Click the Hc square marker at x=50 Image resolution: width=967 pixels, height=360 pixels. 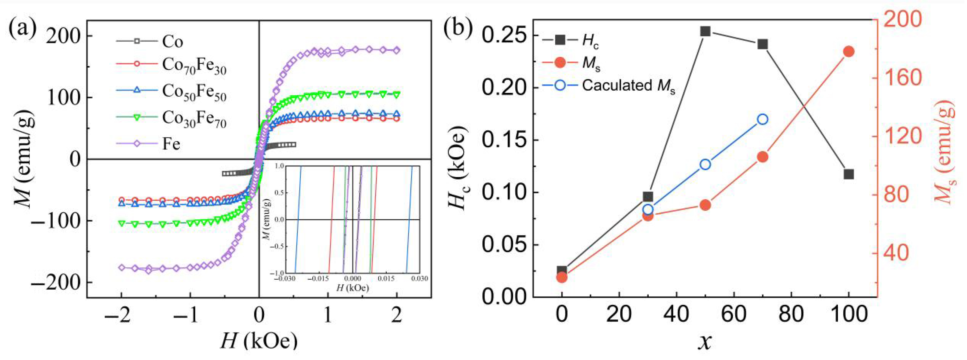(x=705, y=31)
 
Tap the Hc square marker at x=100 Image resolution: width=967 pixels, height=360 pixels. (x=849, y=174)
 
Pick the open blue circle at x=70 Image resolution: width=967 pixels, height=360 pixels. (x=762, y=119)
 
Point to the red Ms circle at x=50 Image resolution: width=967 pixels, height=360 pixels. (x=705, y=205)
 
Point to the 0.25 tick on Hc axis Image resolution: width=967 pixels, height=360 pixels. (x=503, y=36)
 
